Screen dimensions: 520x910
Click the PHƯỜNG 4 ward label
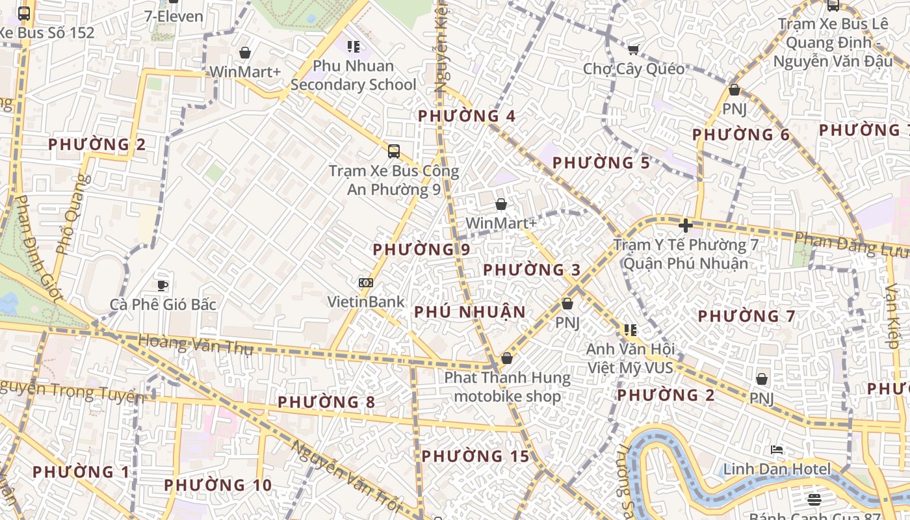tap(466, 116)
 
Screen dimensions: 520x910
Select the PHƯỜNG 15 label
tap(475, 456)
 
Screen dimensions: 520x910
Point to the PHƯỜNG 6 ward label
tap(740, 135)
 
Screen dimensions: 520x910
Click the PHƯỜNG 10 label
tap(218, 485)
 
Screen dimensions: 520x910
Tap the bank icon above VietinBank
tap(366, 283)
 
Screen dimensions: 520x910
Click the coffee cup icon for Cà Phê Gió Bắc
tap(162, 285)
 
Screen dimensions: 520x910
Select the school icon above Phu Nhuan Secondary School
tap(353, 46)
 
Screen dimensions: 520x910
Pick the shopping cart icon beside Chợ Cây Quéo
tap(633, 49)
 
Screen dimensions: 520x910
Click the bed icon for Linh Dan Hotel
tap(777, 449)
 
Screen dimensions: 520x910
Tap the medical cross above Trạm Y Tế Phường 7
tap(685, 226)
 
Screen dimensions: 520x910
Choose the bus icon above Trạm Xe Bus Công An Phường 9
tap(393, 151)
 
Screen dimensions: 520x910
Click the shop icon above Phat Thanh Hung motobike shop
tap(507, 358)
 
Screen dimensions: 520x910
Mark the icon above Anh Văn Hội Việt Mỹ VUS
tap(629, 330)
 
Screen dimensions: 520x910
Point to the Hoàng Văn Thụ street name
tap(195, 344)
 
